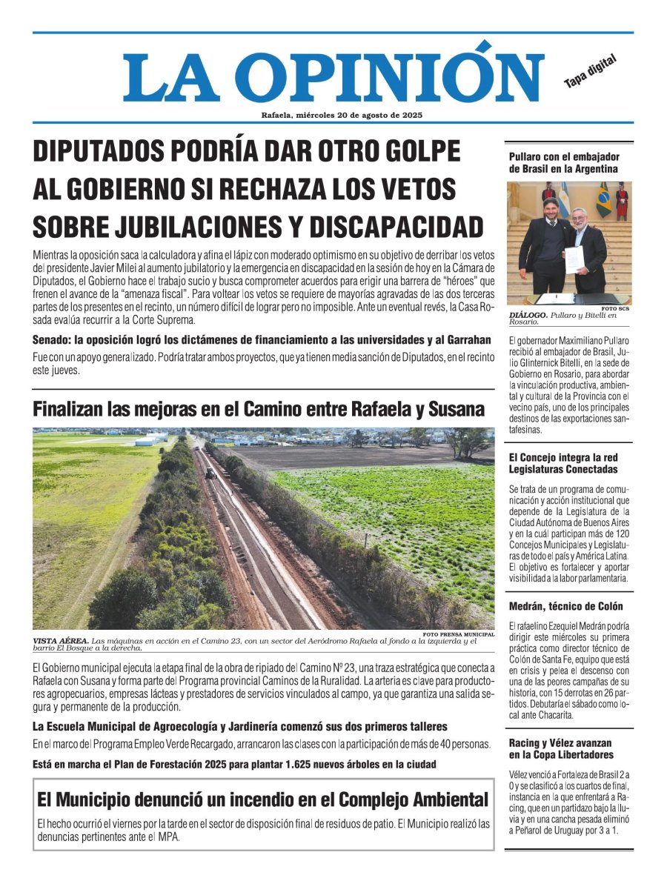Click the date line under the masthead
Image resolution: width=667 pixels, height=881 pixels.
pos(342,115)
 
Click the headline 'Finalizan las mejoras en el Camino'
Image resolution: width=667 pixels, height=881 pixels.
pos(258,409)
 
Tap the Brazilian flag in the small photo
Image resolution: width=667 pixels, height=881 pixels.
pos(603,199)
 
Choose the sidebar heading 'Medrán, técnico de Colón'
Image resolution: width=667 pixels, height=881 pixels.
pos(565,606)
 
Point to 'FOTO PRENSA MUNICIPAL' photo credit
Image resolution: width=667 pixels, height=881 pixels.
pos(458,634)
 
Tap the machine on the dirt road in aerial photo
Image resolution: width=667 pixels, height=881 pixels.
pos(210,471)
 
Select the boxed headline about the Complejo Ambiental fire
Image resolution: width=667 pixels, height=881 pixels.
pos(262,799)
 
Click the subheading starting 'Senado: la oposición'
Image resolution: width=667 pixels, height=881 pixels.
pos(262,340)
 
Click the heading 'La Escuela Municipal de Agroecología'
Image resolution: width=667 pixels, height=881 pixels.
pos(239,727)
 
